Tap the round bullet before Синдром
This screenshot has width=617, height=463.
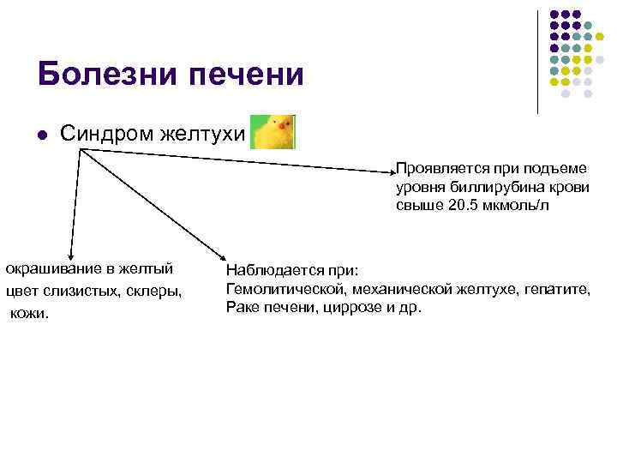tap(41, 134)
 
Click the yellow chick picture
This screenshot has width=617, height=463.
tap(273, 132)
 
